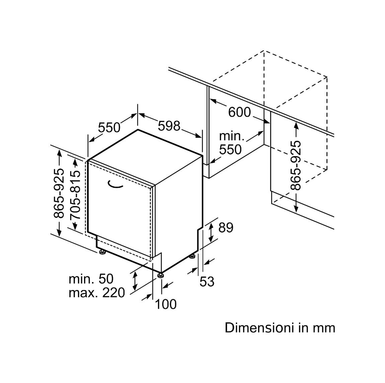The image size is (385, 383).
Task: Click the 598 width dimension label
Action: coord(169,126)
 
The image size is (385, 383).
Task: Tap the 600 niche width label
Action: coord(239,112)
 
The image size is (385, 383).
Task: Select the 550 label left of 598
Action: coord(109,128)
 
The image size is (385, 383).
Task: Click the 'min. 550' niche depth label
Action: coord(231,143)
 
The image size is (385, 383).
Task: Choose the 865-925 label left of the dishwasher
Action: coord(59,193)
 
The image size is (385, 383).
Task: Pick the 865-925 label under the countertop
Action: coord(296,166)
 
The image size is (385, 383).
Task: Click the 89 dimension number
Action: coord(226,228)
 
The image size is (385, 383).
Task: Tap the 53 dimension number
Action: coord(207,281)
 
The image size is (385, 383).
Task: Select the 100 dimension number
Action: coord(166,304)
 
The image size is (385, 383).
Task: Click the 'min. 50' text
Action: coord(91,279)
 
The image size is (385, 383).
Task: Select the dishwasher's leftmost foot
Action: coord(102,252)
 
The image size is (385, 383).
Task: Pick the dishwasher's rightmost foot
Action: coord(192,256)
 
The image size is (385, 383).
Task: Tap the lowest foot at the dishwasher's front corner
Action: coord(161,275)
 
